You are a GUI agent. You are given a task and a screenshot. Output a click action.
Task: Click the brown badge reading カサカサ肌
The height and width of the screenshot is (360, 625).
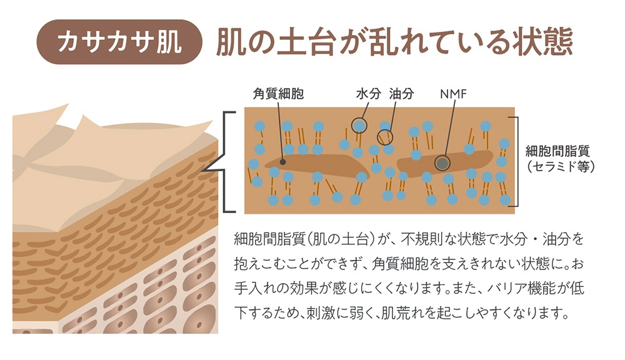[119, 42]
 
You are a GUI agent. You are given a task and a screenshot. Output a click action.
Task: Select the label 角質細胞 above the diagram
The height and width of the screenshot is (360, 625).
[278, 94]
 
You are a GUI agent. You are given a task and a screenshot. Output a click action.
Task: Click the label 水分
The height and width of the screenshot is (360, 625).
[369, 94]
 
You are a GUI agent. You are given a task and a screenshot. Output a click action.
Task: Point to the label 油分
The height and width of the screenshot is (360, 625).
[402, 94]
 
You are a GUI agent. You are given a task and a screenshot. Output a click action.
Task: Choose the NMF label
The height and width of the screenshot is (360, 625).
[453, 94]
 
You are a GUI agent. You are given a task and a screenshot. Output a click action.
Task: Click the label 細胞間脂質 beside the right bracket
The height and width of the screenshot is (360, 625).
[557, 151]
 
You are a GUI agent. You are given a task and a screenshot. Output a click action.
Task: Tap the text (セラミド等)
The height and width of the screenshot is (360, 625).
[561, 166]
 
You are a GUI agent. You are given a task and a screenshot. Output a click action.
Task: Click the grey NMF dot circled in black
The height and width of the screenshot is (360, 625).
[442, 163]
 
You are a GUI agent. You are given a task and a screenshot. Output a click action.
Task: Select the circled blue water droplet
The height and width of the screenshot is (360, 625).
[359, 125]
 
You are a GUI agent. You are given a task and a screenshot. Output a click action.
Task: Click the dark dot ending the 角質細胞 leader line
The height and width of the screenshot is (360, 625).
[282, 162]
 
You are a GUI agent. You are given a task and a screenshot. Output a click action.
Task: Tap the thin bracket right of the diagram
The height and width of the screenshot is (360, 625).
[517, 161]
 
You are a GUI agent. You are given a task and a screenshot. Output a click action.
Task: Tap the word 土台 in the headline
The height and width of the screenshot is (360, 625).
[306, 42]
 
